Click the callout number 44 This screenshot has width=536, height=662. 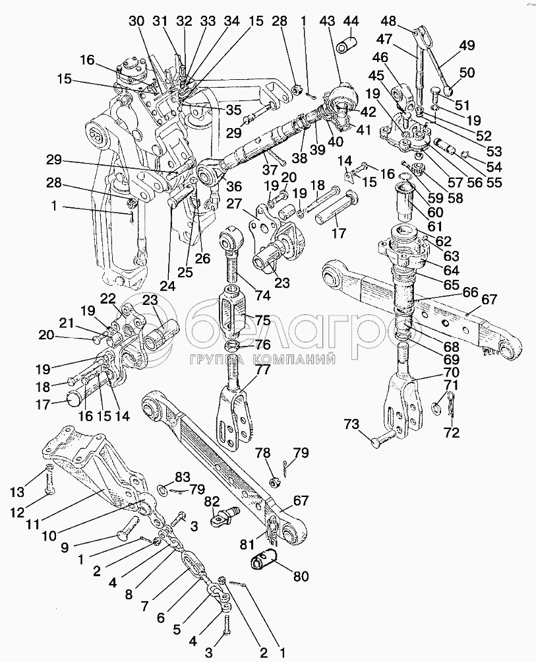tap(351, 20)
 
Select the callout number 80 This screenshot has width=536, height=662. tap(300, 576)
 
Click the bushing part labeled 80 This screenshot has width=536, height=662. tap(264, 560)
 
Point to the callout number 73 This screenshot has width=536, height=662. tap(352, 424)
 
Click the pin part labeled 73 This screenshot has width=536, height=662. tap(383, 438)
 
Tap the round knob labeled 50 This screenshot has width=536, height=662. tap(449, 89)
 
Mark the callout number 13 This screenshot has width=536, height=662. tap(17, 492)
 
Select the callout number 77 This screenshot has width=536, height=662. tap(262, 369)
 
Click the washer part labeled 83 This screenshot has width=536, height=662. tap(162, 489)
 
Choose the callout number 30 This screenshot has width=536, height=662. tap(136, 21)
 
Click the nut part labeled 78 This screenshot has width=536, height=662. tap(274, 481)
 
